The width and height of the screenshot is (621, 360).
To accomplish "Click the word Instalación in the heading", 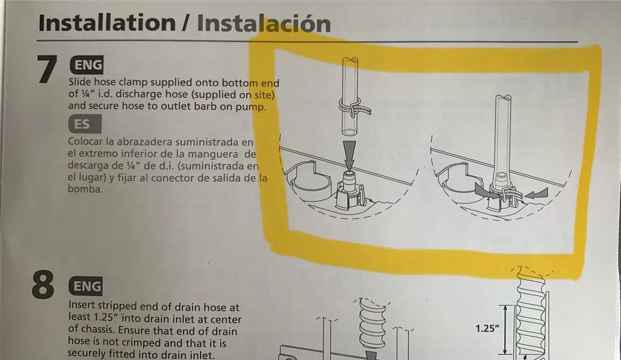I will [x=263, y=24].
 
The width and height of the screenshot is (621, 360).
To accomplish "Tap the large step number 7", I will [x=47, y=70].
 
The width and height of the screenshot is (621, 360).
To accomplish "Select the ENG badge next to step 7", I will [x=87, y=65].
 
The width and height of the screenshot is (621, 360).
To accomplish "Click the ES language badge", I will [x=82, y=124].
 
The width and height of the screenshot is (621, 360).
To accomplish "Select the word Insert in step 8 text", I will [x=82, y=307].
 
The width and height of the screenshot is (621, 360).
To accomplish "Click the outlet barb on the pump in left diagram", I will [x=349, y=181].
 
